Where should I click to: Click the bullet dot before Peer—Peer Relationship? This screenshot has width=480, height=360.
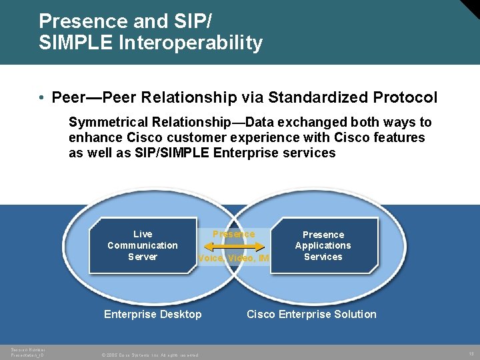pyautogui.click(x=42, y=98)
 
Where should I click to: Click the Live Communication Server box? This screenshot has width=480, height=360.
pyautogui.click(x=143, y=245)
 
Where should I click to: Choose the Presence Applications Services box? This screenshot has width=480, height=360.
pyautogui.click(x=323, y=245)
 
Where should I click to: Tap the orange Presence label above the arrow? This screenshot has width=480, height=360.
pyautogui.click(x=233, y=234)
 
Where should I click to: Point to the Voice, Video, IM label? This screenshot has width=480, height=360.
pyautogui.click(x=233, y=258)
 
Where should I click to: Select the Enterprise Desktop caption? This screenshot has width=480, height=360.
pyautogui.click(x=153, y=314)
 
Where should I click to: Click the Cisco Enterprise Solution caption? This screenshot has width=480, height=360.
pyautogui.click(x=311, y=314)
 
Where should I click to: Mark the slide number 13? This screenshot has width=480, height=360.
pyautogui.click(x=470, y=354)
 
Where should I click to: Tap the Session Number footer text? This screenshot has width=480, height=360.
pyautogui.click(x=28, y=351)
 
